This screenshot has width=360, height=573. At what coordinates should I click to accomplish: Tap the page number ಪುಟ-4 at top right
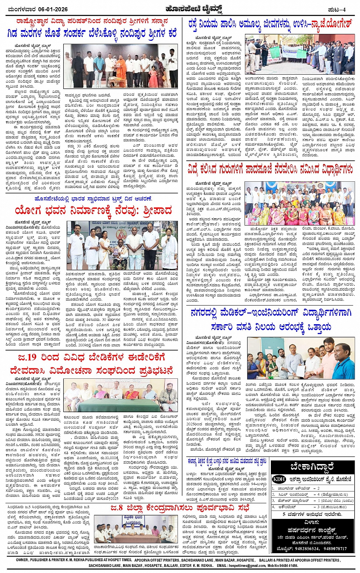(337, 10)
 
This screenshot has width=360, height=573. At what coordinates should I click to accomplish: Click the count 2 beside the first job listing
(318, 488)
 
